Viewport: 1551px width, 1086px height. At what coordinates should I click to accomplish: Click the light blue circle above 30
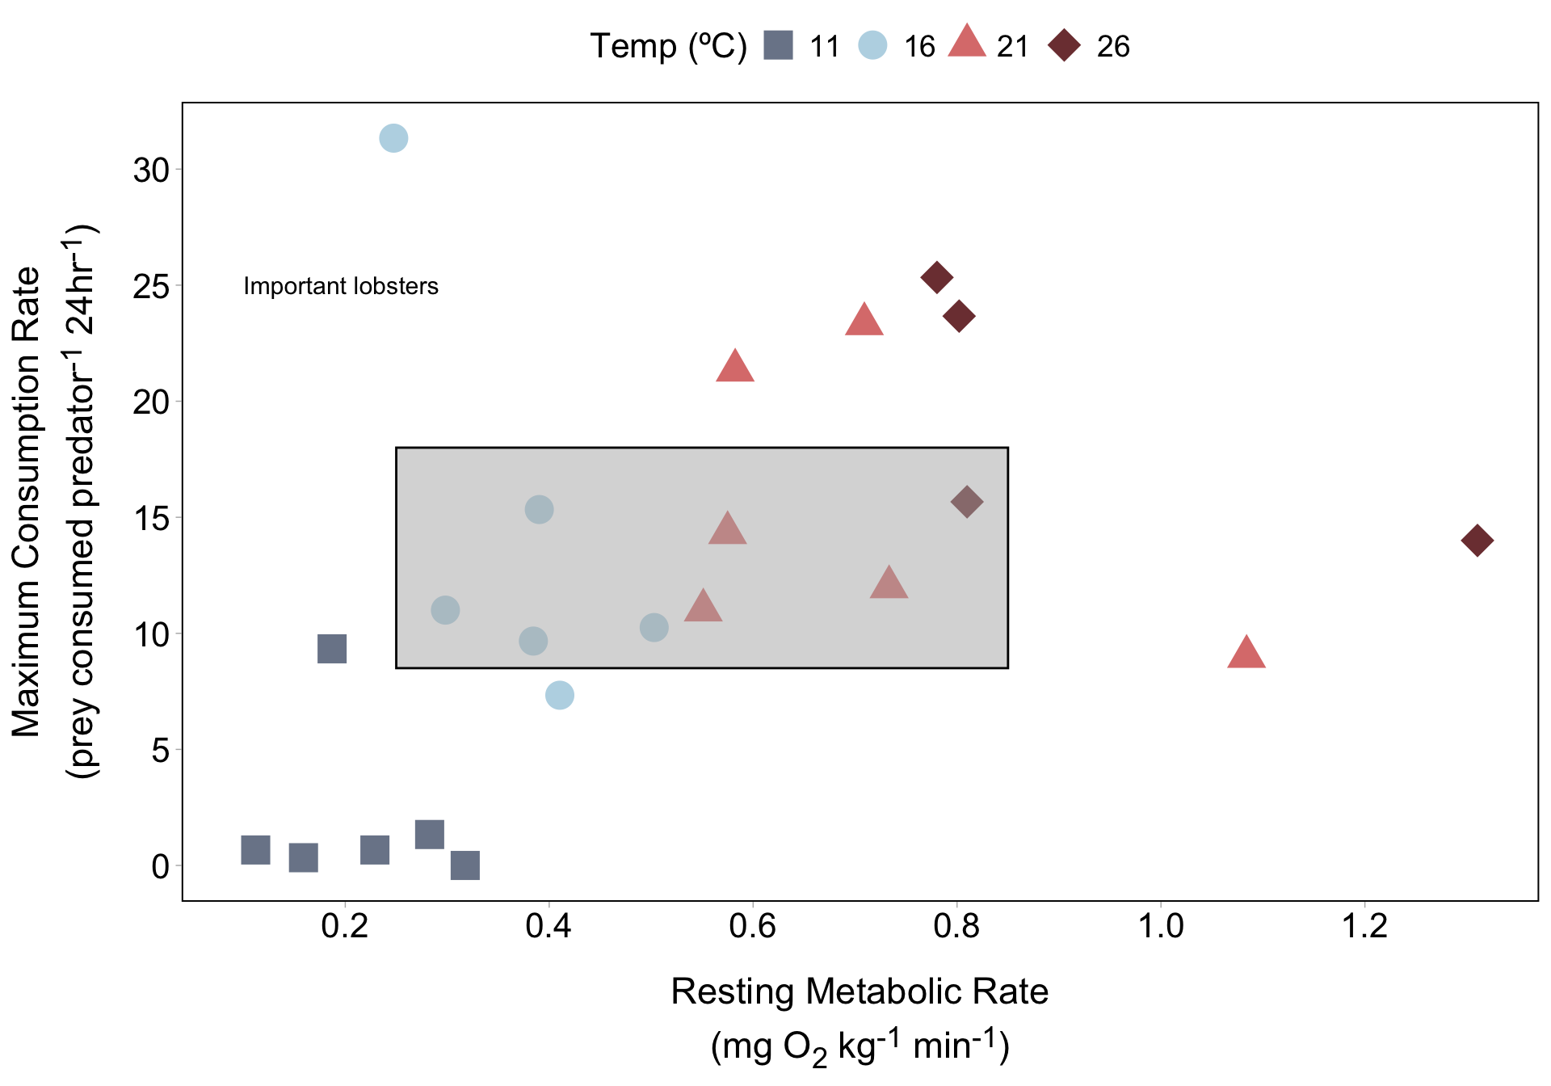tap(393, 138)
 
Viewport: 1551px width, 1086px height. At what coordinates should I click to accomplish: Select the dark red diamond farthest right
tap(1477, 541)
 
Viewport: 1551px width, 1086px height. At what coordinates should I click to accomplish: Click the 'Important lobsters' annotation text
tap(340, 286)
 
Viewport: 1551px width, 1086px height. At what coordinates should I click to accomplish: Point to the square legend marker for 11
tap(779, 45)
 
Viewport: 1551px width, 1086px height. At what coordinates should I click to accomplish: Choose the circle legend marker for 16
tap(872, 45)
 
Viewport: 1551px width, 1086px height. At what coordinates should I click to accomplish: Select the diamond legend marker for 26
tap(1064, 45)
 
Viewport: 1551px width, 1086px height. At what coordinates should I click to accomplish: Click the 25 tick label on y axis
tap(151, 286)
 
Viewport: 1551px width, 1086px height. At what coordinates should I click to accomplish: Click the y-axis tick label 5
tap(161, 751)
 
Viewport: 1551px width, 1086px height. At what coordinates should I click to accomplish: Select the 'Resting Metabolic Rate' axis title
tap(860, 991)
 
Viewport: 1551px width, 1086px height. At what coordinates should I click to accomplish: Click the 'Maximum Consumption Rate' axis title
tap(27, 501)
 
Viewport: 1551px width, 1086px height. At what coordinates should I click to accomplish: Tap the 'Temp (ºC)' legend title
tap(668, 46)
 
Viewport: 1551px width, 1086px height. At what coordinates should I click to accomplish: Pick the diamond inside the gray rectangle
tap(967, 502)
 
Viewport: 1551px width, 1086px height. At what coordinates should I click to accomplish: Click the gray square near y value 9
tap(332, 648)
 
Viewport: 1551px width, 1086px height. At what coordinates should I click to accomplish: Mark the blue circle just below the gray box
tap(560, 695)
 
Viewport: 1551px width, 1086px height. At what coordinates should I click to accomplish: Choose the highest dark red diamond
tap(936, 278)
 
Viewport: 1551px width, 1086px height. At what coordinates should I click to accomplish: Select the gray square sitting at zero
tap(465, 865)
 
